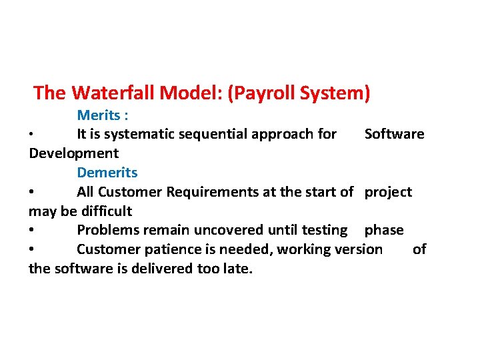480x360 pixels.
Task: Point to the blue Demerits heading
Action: [107, 173]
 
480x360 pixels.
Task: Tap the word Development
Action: [73, 153]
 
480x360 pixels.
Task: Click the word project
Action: [388, 192]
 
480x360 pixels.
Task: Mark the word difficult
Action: [106, 211]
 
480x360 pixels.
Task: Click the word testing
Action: [325, 231]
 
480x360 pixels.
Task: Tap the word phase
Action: [384, 231]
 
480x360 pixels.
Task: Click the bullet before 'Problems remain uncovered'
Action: [32, 231]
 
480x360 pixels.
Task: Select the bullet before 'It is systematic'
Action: [32, 134]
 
